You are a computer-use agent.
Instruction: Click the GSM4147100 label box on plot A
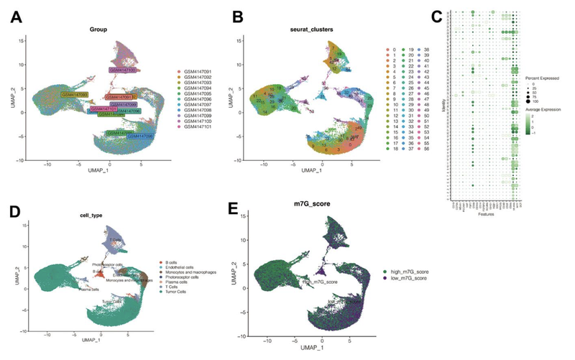(123, 70)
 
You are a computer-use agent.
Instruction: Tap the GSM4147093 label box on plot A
(74, 95)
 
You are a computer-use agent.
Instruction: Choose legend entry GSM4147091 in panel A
(196, 73)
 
